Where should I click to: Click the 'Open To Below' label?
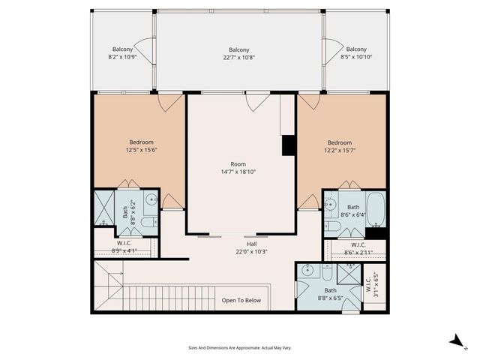pos(241,300)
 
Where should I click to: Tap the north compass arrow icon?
pos(455,341)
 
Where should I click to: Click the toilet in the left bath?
pos(148,222)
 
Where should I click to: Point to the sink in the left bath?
pos(150,200)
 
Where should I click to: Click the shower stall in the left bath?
pos(102,209)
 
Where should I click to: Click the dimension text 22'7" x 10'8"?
pos(239,58)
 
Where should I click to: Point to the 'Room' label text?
pos(238,163)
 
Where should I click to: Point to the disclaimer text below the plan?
pos(239,348)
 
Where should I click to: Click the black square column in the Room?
pos(288,145)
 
